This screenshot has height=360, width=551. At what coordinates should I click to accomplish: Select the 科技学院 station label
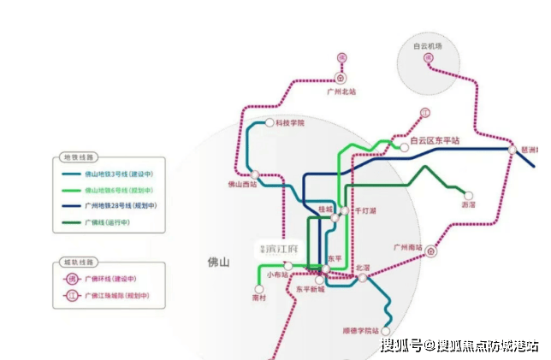[290, 123]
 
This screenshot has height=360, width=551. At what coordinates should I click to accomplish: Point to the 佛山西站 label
[242, 184]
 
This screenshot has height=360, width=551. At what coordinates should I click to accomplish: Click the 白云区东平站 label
[435, 139]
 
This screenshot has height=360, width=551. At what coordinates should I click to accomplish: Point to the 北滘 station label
[363, 268]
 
